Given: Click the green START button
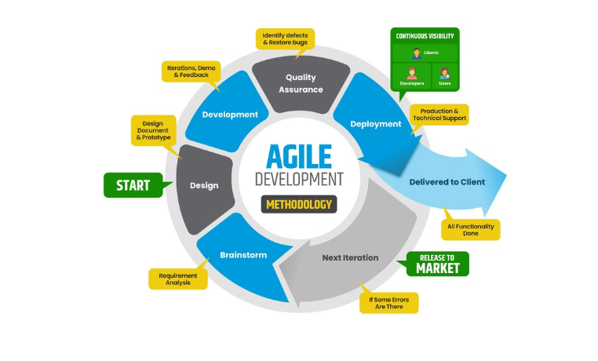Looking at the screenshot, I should [133, 185].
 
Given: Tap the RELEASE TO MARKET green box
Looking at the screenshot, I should [438, 264].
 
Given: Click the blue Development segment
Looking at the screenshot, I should [230, 115].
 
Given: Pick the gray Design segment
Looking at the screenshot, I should [204, 185].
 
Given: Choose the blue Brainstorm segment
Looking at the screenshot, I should [242, 255].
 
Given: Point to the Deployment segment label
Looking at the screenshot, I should [376, 123].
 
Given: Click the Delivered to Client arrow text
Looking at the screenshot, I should [447, 182].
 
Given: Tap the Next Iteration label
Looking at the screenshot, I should [350, 257].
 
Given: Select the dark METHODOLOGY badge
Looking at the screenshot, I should [299, 205].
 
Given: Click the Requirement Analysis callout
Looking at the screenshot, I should [178, 279].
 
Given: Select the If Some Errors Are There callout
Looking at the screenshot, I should [388, 303].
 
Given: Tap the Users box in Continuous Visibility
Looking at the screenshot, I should [445, 76].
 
